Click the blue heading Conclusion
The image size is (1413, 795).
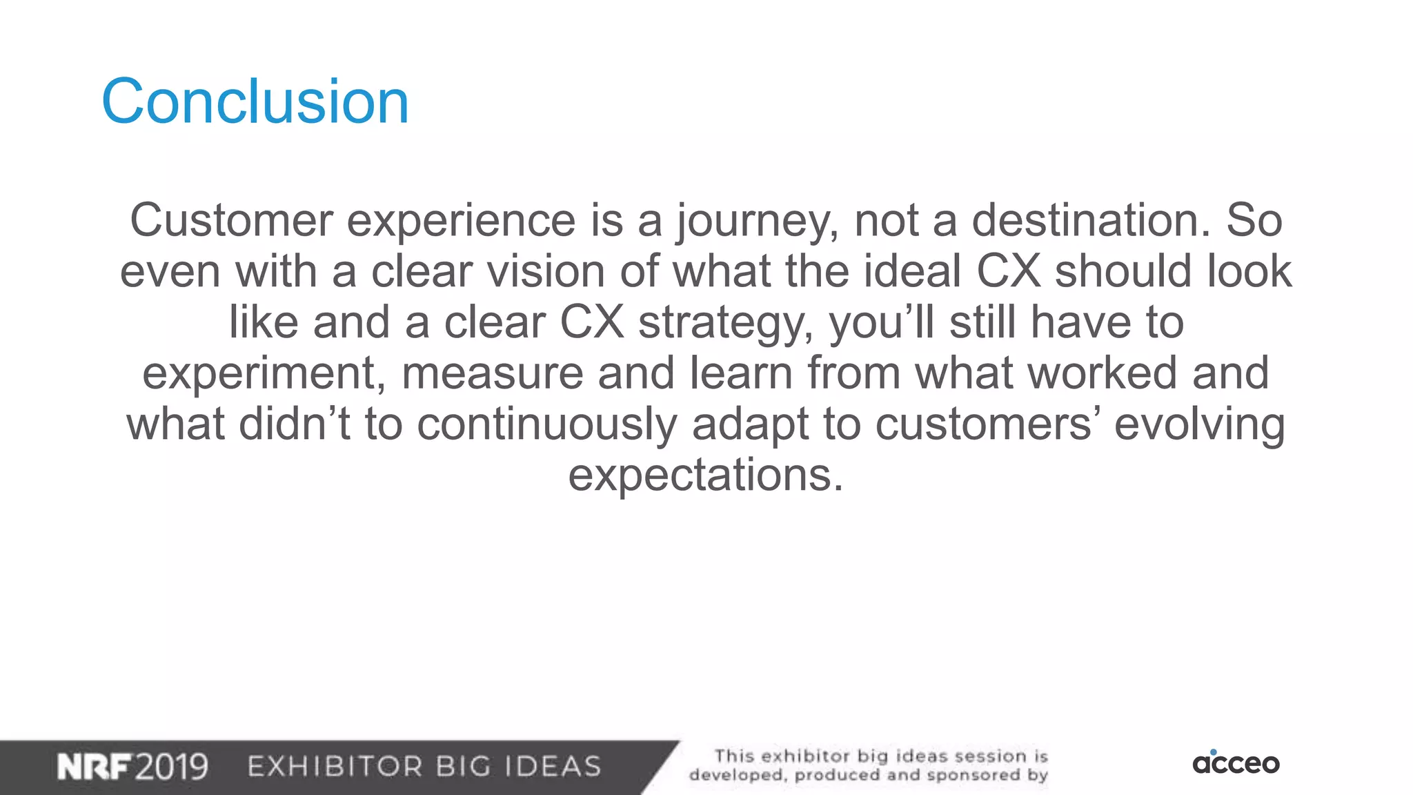click(255, 101)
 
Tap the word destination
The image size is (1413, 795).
click(1091, 221)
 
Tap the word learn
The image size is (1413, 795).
click(742, 373)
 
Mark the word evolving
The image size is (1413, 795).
click(1200, 424)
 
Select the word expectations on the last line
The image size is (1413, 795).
click(705, 476)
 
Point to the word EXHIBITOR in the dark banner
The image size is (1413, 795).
click(335, 767)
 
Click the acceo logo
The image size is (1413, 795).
click(1236, 763)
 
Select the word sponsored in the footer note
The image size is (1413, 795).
click(973, 775)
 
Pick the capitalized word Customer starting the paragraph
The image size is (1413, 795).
click(231, 221)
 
